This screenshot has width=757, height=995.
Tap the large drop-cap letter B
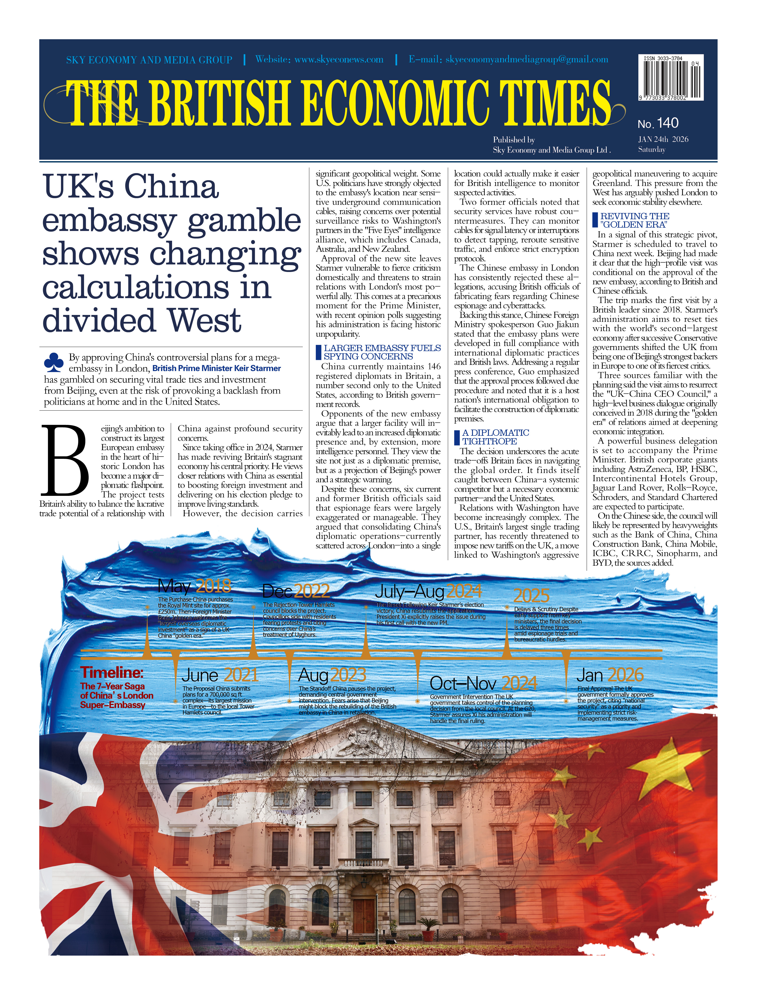pyautogui.click(x=65, y=460)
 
